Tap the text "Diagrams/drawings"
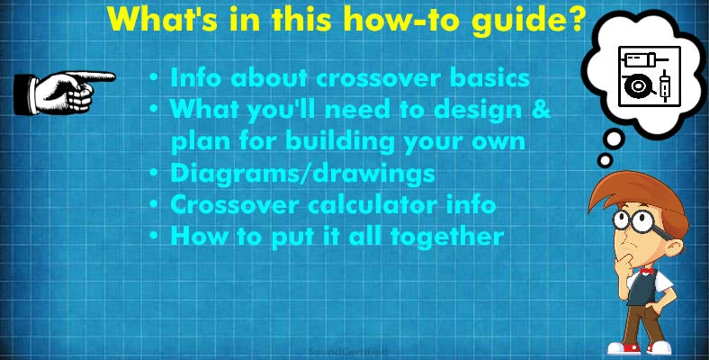click(302, 173)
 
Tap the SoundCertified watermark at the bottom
click(348, 352)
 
